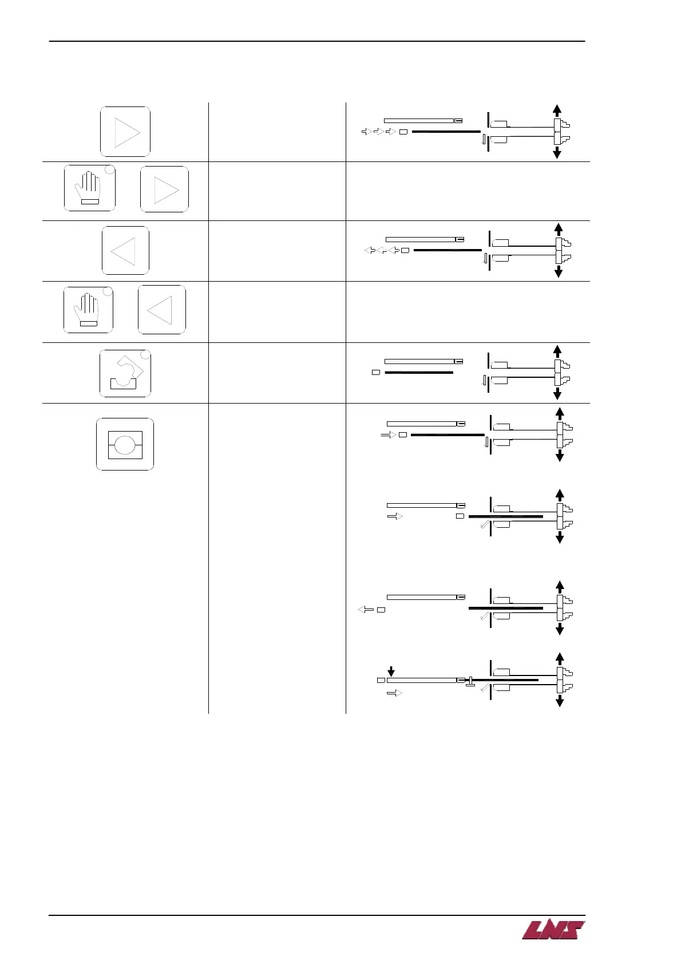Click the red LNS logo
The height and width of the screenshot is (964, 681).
coord(553,930)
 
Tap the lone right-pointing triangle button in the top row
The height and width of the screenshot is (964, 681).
coord(125,132)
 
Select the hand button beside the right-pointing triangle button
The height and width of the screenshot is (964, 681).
coord(90,188)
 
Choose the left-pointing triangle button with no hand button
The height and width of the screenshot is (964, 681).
coord(125,251)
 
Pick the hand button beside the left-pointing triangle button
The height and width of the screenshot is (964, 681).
coord(88,310)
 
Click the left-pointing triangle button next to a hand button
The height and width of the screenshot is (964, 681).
coord(162,310)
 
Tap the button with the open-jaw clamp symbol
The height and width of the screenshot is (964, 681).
coord(125,373)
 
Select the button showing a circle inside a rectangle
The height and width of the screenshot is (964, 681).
coord(125,444)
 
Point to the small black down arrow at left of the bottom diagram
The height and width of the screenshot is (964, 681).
coord(391,671)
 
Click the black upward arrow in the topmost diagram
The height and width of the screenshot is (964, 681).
coord(557,110)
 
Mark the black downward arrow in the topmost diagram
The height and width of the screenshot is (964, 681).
coord(557,152)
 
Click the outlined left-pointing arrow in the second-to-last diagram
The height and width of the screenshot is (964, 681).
coord(365,610)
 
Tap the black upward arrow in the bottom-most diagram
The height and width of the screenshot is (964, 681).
coord(560,658)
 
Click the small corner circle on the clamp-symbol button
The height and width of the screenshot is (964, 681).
coord(146,354)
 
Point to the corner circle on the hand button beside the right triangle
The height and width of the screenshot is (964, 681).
coord(110,170)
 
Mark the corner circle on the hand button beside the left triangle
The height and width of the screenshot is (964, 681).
coord(107,291)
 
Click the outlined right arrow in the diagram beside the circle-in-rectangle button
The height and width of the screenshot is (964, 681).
coord(389,435)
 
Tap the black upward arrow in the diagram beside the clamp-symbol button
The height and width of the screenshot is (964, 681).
coord(557,351)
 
